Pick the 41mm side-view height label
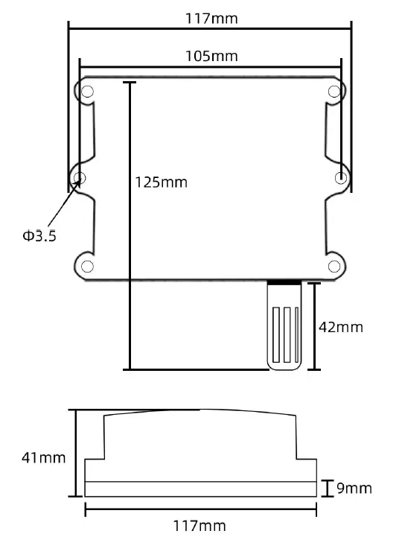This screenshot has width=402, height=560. click(x=43, y=457)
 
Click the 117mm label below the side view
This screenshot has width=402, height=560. click(x=199, y=526)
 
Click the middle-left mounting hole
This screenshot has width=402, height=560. click(x=80, y=178)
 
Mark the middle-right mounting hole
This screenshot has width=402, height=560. click(x=341, y=178)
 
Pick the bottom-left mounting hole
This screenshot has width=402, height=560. click(x=87, y=266)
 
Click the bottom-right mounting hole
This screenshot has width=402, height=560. click(x=335, y=266)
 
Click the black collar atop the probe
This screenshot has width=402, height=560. click(x=284, y=284)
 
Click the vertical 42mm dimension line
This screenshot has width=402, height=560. click(x=316, y=326)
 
